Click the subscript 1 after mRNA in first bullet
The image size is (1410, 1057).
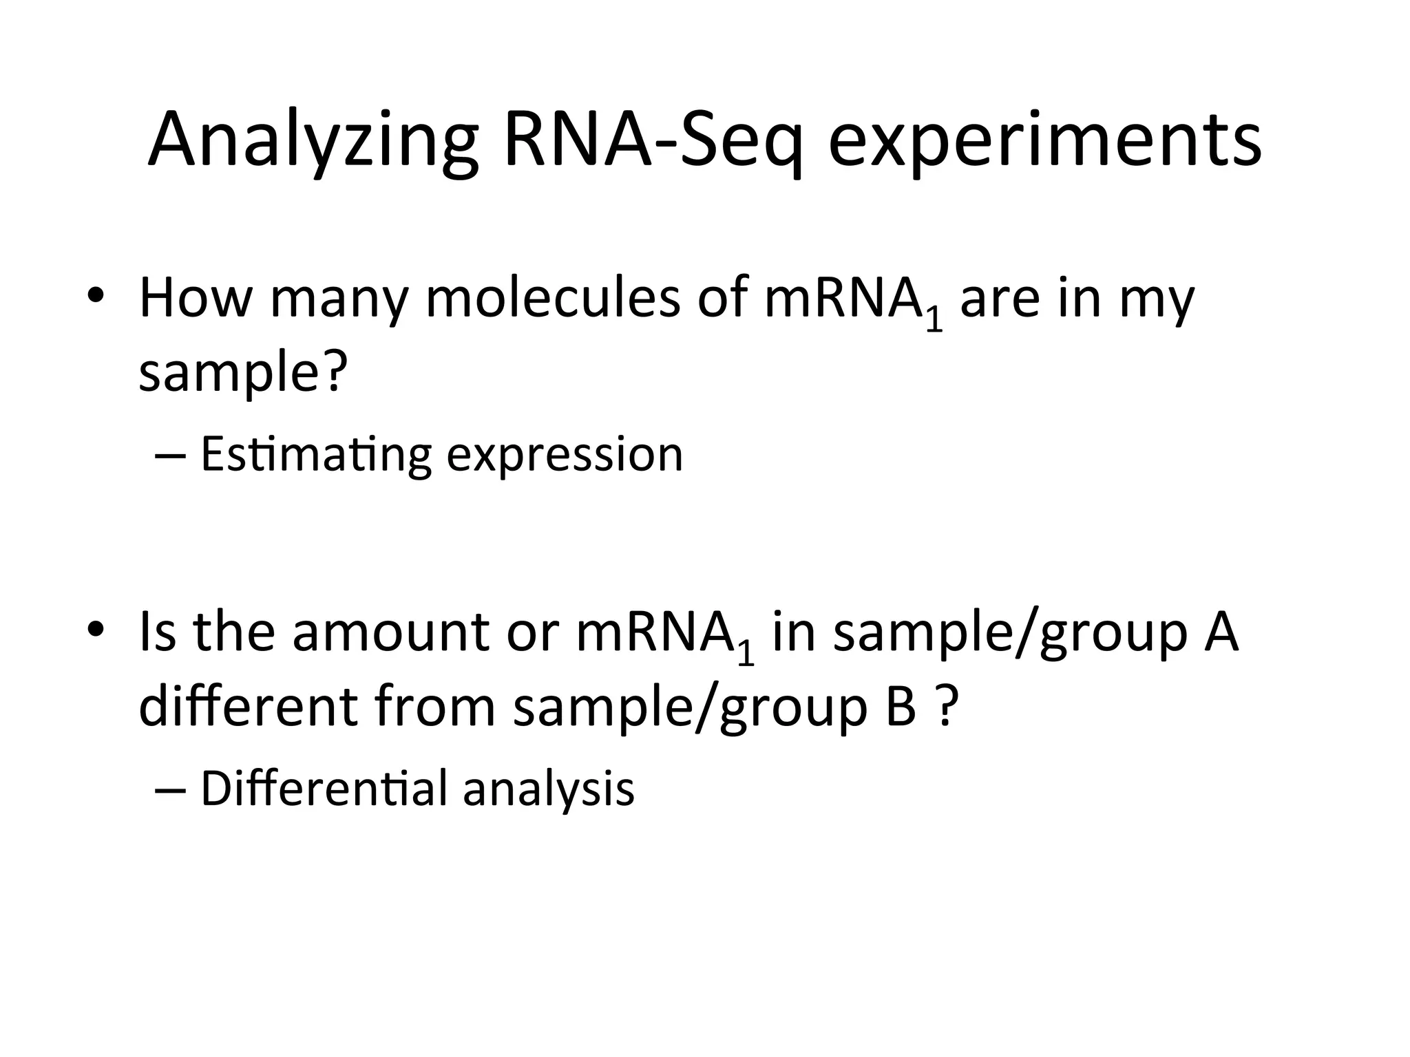pos(934,321)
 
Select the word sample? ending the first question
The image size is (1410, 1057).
pos(240,373)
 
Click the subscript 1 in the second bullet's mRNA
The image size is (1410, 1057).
pos(745,654)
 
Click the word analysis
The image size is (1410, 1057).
pos(549,790)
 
